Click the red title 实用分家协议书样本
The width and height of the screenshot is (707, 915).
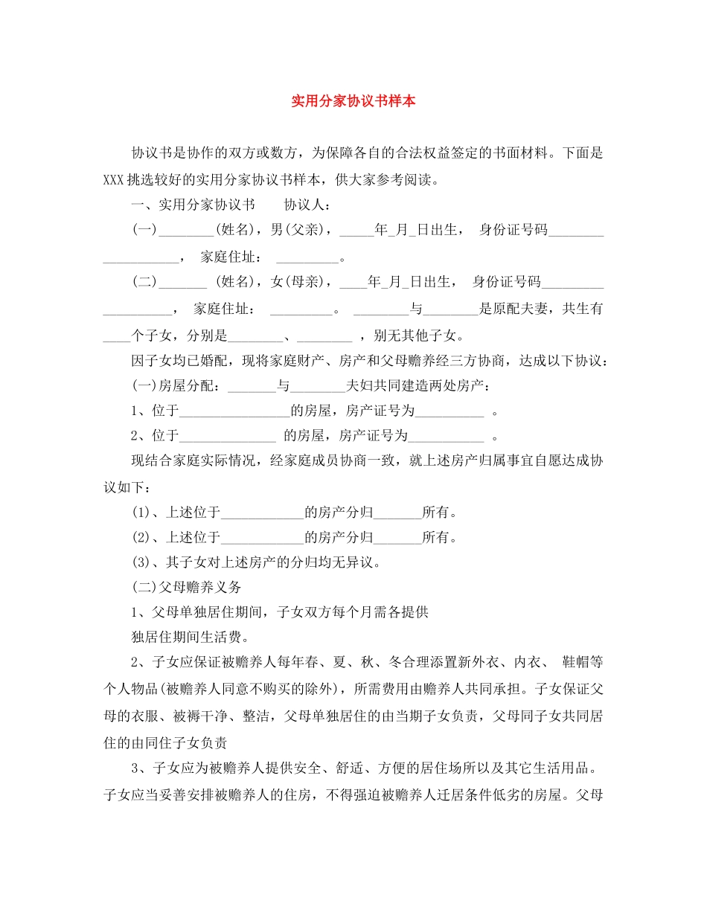pyautogui.click(x=353, y=101)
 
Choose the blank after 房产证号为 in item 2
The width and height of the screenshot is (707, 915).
pyautogui.click(x=447, y=437)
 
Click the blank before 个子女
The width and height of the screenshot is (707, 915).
pyautogui.click(x=116, y=335)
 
